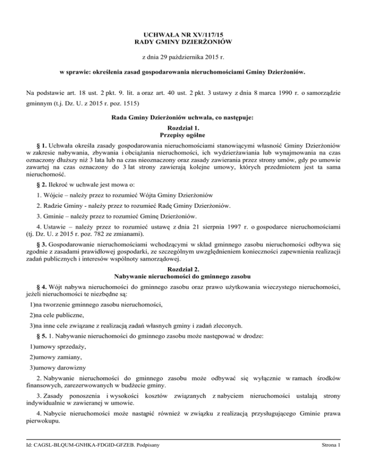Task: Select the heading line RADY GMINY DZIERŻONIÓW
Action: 183,43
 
